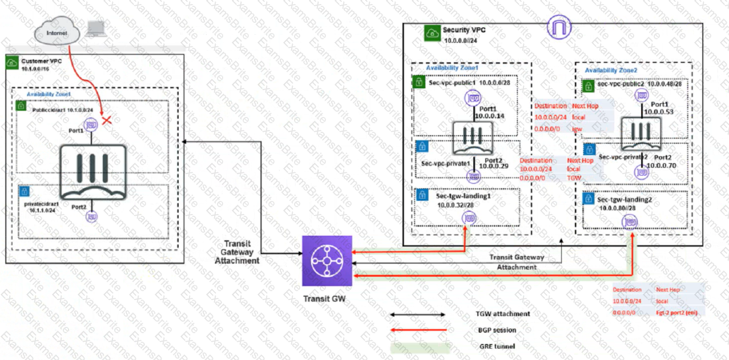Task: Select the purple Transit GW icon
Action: pos(327,261)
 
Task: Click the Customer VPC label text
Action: pos(42,60)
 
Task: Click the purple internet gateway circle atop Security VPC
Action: pos(558,29)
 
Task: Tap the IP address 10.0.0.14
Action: pos(492,115)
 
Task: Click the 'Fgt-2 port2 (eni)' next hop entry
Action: pos(680,313)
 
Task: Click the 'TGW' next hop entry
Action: pos(574,179)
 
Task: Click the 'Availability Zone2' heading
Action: pos(611,70)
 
